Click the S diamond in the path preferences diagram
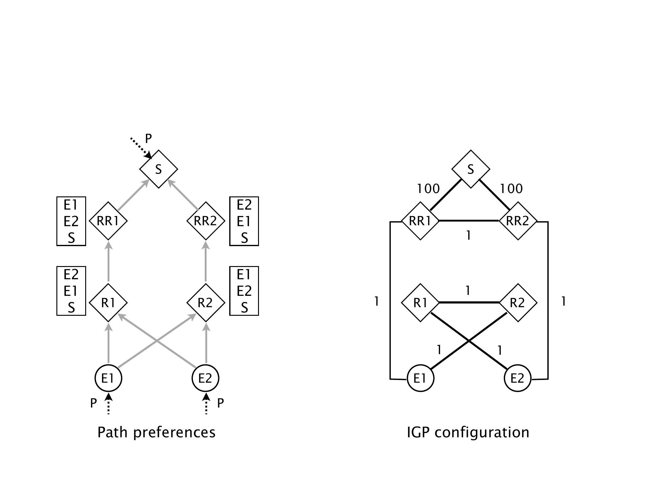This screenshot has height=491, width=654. click(x=158, y=169)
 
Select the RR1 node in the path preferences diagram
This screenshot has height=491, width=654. click(x=108, y=221)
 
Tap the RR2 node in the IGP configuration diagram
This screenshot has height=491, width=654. click(x=518, y=221)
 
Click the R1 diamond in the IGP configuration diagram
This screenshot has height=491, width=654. click(x=420, y=303)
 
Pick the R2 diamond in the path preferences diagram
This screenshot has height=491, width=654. click(x=206, y=303)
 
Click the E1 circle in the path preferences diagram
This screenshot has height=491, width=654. click(x=108, y=378)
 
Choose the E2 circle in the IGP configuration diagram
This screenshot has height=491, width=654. click(x=518, y=378)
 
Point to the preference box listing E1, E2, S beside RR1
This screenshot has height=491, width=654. click(x=71, y=221)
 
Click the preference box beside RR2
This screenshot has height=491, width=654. click(x=244, y=221)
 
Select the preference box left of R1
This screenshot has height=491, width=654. click(x=71, y=291)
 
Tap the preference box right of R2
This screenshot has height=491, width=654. click(x=244, y=291)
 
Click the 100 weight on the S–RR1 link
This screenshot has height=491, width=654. click(x=428, y=188)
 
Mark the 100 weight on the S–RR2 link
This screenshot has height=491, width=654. click(x=511, y=188)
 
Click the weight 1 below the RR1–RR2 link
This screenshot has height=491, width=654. click(x=468, y=235)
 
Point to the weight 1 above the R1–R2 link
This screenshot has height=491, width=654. click(x=468, y=290)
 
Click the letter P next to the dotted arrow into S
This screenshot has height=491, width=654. click(x=148, y=139)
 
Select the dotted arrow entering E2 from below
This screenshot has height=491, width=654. click(x=206, y=404)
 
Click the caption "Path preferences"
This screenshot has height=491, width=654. click(x=156, y=432)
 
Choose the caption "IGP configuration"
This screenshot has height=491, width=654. click(x=468, y=432)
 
